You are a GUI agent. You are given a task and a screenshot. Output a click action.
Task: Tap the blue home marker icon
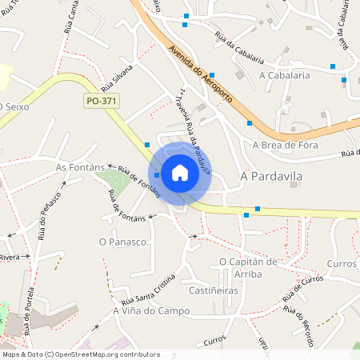pyautogui.click(x=180, y=172)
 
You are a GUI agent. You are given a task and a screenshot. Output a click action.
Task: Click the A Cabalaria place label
pyautogui.click(x=284, y=74)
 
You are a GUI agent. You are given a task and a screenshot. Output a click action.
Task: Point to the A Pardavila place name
pyautogui.click(x=270, y=174)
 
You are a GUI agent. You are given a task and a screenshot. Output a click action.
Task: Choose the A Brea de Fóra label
pyautogui.click(x=285, y=145)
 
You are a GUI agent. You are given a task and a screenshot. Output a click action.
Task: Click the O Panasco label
pyautogui.click(x=122, y=241)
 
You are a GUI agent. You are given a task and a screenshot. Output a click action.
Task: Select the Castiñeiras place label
pyautogui.click(x=213, y=290)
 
